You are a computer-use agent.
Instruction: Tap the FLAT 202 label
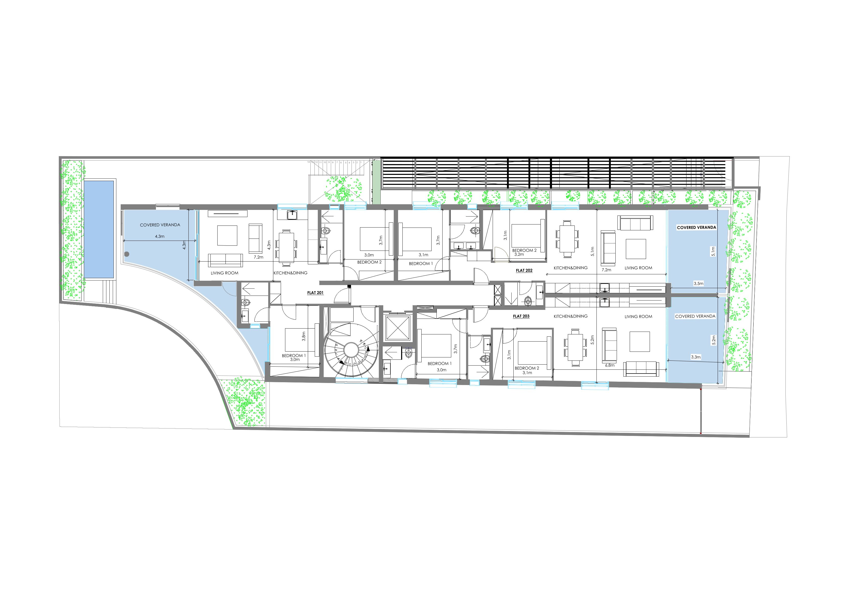524,270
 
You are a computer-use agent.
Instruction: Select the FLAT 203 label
521,316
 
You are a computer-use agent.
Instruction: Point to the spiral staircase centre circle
351,348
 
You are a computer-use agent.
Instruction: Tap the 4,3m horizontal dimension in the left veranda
160,236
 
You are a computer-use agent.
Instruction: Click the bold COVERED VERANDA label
696,227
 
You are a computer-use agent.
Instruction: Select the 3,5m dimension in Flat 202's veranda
698,284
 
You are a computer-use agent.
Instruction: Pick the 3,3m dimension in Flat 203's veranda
696,357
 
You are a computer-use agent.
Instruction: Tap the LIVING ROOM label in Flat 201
224,273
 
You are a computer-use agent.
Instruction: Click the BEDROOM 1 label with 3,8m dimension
294,356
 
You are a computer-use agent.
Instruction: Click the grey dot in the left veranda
127,254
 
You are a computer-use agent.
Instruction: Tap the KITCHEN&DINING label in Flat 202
570,268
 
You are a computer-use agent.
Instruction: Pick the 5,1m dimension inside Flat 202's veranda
713,252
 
